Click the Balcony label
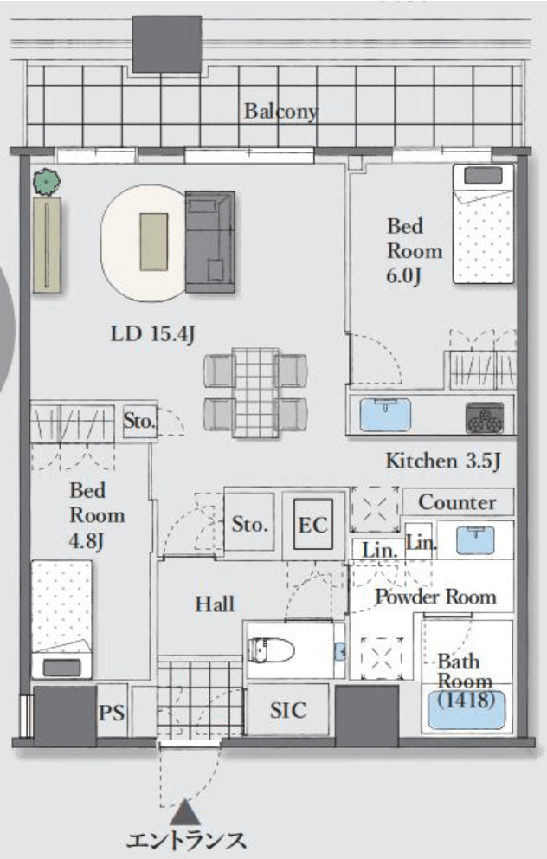(x=280, y=112)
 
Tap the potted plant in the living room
(x=47, y=182)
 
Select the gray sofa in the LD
(x=210, y=242)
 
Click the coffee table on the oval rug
(x=154, y=242)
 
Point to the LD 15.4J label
(x=153, y=333)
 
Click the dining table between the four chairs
(x=255, y=392)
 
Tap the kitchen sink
(x=385, y=415)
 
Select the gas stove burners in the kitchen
(x=485, y=418)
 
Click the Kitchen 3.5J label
(x=443, y=462)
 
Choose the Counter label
(x=457, y=502)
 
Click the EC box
(x=313, y=524)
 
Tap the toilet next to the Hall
(x=271, y=650)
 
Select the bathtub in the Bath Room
(x=467, y=710)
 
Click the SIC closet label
(x=288, y=711)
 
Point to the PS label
(x=112, y=712)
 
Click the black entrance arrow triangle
(x=185, y=812)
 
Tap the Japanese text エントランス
(x=185, y=840)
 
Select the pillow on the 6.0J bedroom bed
(x=483, y=176)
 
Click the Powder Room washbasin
(x=475, y=540)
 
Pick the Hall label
(x=215, y=604)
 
